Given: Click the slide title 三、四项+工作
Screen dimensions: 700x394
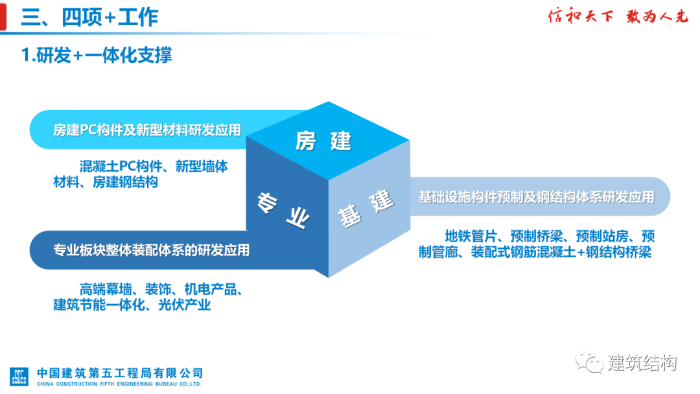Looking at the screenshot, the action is [x=89, y=17].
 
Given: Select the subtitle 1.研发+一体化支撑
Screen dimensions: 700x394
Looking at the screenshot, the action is [x=97, y=55].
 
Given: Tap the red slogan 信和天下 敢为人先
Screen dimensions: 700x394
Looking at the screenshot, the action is [x=618, y=17].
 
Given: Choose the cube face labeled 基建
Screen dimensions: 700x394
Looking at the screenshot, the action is [x=366, y=208].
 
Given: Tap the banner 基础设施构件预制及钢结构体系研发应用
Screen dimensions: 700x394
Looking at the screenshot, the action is [x=536, y=196].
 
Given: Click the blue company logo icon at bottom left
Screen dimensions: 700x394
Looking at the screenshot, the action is [x=19, y=377].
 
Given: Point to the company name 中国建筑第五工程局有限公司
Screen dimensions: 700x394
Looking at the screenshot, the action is [x=120, y=373].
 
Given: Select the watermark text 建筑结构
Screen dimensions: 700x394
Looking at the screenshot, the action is [x=642, y=364].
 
